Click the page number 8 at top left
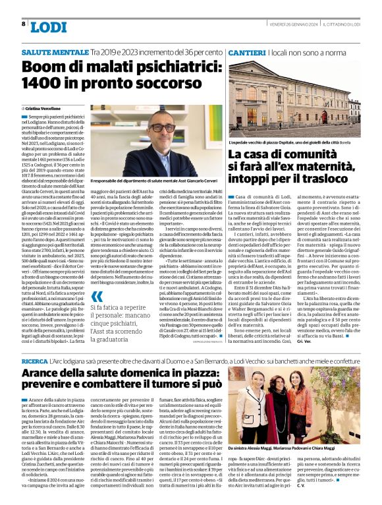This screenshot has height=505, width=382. [24, 24]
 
